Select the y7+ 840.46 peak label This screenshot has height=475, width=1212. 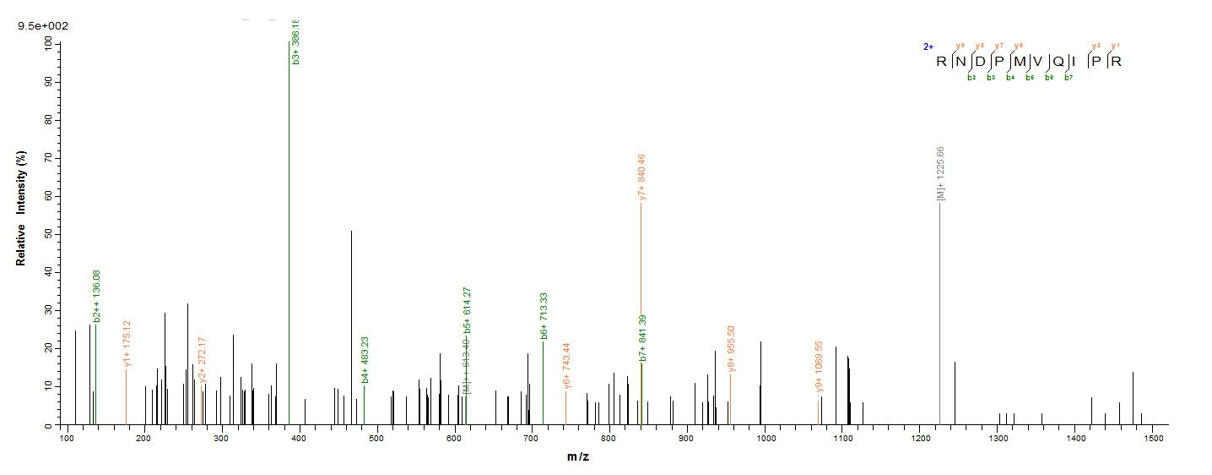[642, 177]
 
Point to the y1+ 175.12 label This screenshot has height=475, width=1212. [127, 343]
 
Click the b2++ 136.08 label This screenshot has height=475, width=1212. [97, 296]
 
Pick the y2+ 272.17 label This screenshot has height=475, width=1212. [203, 359]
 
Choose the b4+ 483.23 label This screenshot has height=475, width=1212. [365, 359]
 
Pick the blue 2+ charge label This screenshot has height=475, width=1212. [928, 47]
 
